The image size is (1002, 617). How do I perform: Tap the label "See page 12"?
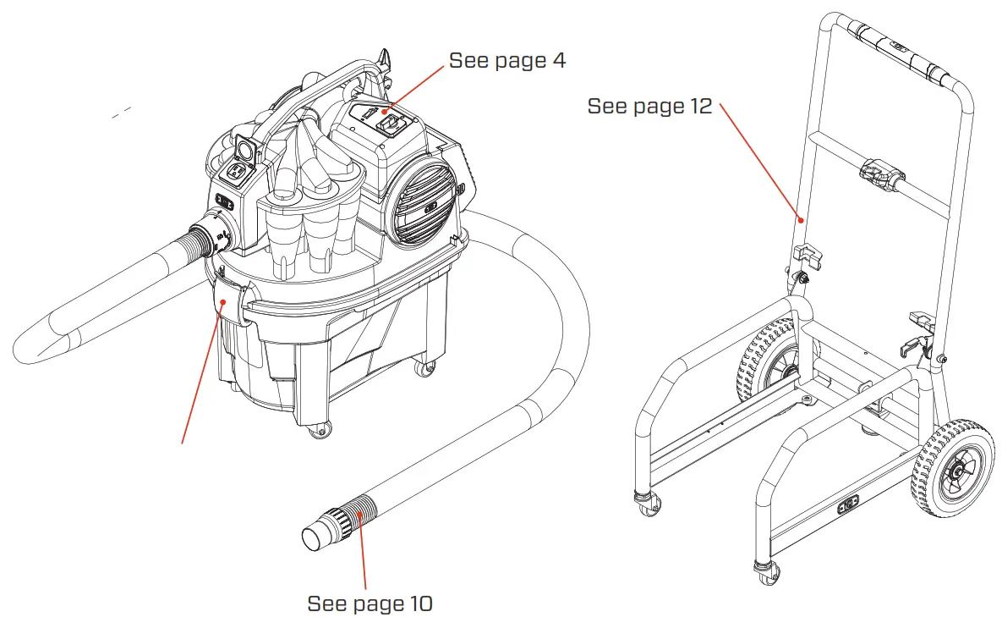tap(649, 106)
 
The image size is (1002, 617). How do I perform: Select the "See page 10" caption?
tap(370, 603)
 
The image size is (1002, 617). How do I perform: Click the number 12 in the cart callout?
tap(699, 106)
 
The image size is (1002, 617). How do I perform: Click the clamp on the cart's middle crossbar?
tap(879, 173)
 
